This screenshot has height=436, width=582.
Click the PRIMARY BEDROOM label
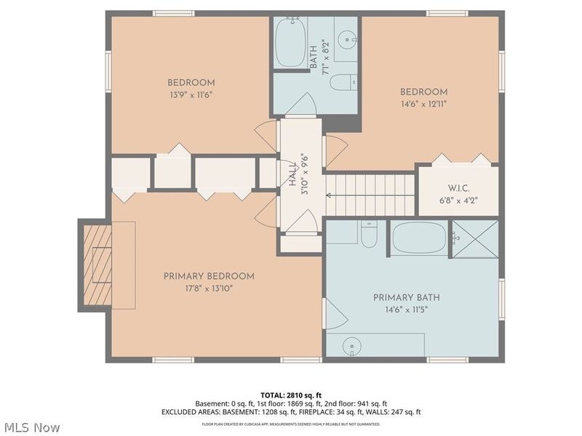click(x=209, y=276)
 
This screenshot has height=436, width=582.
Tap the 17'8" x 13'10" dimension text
click(x=209, y=288)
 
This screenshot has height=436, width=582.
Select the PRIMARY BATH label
click(x=406, y=297)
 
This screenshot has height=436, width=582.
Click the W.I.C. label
click(x=458, y=187)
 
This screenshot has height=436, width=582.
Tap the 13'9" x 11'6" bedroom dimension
click(x=191, y=94)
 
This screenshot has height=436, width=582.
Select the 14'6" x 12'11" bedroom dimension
click(x=423, y=104)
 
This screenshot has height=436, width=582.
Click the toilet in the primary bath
click(x=369, y=233)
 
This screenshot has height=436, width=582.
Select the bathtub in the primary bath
click(x=418, y=238)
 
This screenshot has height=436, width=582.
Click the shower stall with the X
click(x=474, y=238)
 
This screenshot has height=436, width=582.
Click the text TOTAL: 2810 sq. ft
click(x=291, y=395)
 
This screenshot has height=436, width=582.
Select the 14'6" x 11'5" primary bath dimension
click(x=406, y=310)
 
